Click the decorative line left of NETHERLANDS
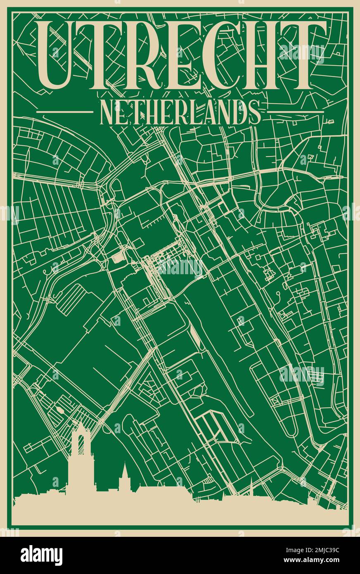[65, 111]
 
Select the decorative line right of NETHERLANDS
[295, 111]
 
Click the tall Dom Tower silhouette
[80, 458]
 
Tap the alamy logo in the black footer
[42, 555]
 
